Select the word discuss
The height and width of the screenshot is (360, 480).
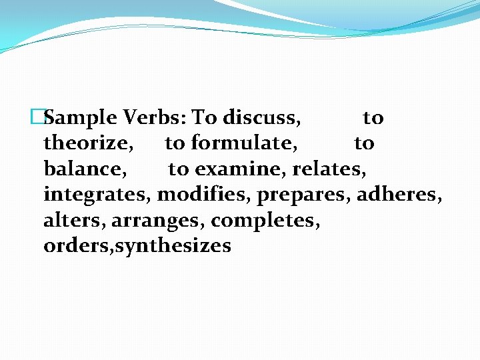pos(262,118)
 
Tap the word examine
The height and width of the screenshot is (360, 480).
pos(241,169)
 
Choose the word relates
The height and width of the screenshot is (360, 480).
pos(329,169)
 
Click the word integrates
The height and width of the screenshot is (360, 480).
pos(97,195)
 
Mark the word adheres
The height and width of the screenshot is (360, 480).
pos(399,195)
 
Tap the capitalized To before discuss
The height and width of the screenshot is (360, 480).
pos(205,118)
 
